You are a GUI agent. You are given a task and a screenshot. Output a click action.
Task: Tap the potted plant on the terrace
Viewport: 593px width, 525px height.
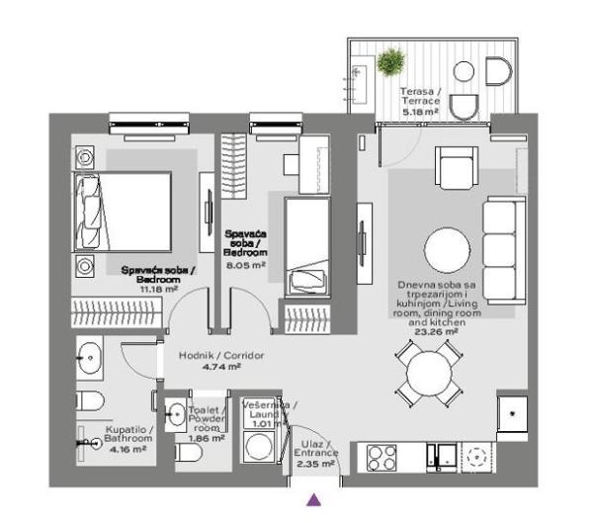(x=388, y=62)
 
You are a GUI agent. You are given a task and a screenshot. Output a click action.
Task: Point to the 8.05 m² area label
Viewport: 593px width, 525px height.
(x=245, y=265)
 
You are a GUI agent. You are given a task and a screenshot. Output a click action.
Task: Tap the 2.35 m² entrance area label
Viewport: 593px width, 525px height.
(x=315, y=462)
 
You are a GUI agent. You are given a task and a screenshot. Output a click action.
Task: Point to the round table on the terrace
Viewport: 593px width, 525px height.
(x=463, y=73)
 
